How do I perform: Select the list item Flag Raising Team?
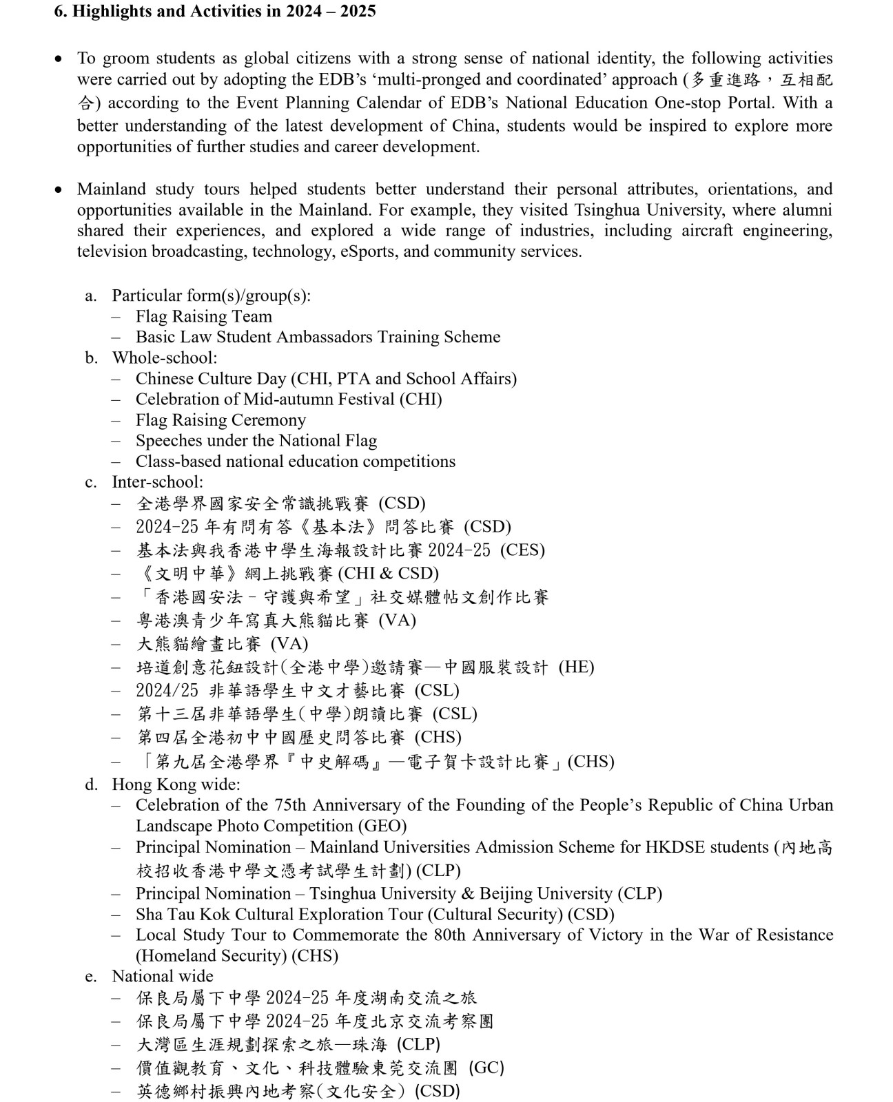(204, 316)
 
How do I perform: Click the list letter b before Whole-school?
(91, 358)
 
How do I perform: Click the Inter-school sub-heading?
(158, 482)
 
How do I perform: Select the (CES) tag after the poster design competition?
(522, 550)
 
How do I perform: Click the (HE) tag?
(576, 667)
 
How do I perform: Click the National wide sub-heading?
(163, 976)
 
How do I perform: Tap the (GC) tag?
(486, 1068)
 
